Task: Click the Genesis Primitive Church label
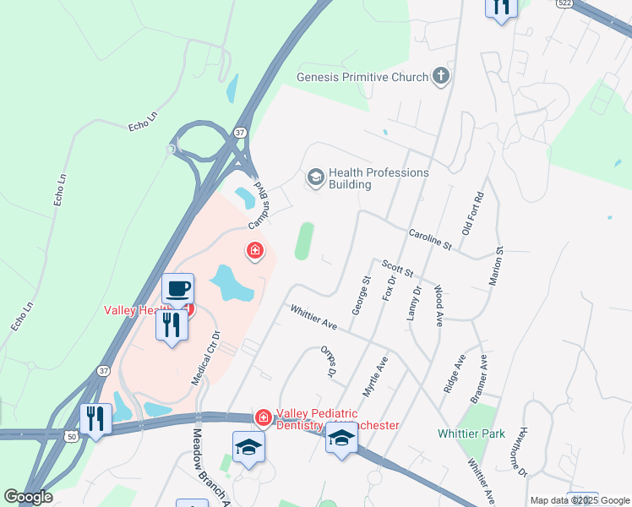click(362, 78)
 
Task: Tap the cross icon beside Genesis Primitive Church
click(439, 77)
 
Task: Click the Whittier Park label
click(471, 433)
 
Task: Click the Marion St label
click(499, 264)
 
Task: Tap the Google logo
click(27, 497)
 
